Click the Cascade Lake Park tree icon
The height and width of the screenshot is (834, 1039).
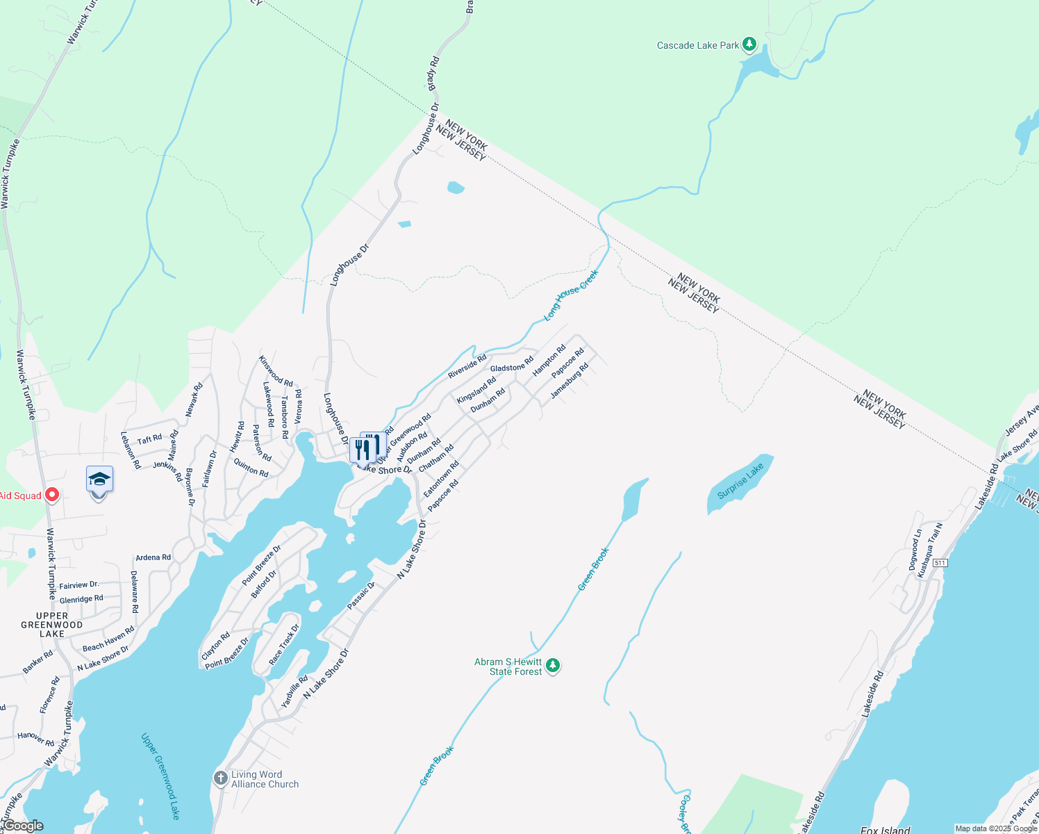pyautogui.click(x=749, y=44)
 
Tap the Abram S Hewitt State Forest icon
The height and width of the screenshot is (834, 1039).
pyautogui.click(x=553, y=666)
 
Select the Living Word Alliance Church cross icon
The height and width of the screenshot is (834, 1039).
pyautogui.click(x=221, y=778)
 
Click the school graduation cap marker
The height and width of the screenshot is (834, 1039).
pyautogui.click(x=99, y=480)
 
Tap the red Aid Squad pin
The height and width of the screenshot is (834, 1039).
pyautogui.click(x=51, y=496)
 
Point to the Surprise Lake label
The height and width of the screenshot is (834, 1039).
pyautogui.click(x=740, y=481)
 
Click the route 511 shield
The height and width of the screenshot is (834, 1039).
pyautogui.click(x=940, y=562)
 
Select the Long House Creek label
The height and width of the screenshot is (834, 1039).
pyautogui.click(x=570, y=295)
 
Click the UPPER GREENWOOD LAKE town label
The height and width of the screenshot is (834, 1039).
pyautogui.click(x=52, y=625)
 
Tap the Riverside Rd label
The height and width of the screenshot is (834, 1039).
pyautogui.click(x=467, y=366)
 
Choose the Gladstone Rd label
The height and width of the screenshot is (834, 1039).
pyautogui.click(x=512, y=363)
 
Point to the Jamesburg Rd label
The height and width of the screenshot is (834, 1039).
pyautogui.click(x=570, y=381)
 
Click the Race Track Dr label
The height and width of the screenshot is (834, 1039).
pyautogui.click(x=284, y=644)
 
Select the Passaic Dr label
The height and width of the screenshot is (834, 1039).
pyautogui.click(x=361, y=596)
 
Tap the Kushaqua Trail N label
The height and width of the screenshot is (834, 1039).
pyautogui.click(x=929, y=551)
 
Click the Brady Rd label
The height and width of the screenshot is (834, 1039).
pyautogui.click(x=433, y=73)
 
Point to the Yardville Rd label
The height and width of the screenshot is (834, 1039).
pyautogui.click(x=294, y=691)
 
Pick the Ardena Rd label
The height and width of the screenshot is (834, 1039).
pyautogui.click(x=153, y=557)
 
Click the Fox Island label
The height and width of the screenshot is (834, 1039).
pyautogui.click(x=885, y=830)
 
